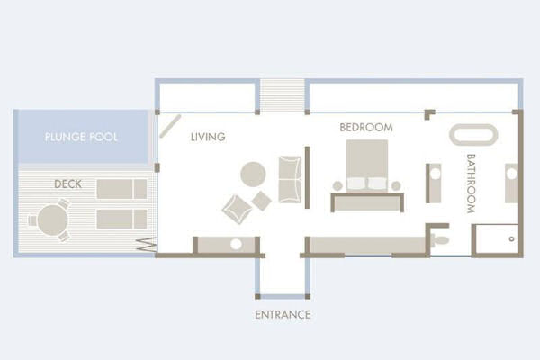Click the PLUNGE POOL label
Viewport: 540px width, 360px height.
81,137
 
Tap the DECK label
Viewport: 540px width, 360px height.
68,184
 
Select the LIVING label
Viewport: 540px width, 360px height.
208,137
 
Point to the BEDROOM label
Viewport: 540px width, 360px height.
366,128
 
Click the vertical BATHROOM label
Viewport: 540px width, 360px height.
471,184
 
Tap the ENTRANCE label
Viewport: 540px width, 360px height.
283,314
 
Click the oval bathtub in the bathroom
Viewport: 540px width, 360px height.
473,135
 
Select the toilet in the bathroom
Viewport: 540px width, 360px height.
440,239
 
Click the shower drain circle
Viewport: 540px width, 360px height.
511,238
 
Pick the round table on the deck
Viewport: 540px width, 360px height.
53,220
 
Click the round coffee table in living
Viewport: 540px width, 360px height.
253,175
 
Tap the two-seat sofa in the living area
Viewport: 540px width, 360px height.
290,179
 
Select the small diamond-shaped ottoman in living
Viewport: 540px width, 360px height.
261,201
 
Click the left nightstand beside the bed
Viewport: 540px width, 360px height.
337,186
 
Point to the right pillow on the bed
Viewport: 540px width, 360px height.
377,184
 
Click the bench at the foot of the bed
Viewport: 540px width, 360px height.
367,202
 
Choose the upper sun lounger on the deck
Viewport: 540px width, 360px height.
121,189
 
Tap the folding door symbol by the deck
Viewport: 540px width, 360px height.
147,244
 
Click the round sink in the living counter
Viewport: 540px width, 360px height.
236,244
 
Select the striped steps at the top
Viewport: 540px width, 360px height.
282,95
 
